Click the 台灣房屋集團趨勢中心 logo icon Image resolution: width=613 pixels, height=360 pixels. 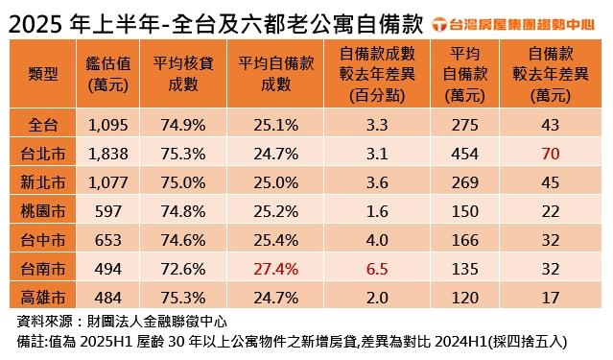click(439, 24)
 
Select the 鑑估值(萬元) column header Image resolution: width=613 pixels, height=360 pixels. click(107, 74)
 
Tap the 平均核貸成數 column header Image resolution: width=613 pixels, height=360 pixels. click(183, 74)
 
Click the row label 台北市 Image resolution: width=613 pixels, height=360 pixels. click(42, 154)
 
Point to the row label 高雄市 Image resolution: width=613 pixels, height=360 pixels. click(42, 298)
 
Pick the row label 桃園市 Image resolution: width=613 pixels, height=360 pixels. click(42, 211)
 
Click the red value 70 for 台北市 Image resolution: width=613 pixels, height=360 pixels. click(551, 154)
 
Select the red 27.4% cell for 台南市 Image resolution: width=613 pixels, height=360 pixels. click(276, 269)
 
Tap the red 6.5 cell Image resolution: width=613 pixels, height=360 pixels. click(377, 269)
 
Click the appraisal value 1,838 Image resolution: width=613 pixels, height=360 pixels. click(107, 154)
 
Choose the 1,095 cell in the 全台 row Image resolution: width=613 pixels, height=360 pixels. click(107, 125)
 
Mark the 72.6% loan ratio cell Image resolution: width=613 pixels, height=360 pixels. click(183, 269)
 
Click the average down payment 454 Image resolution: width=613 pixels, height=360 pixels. click(465, 154)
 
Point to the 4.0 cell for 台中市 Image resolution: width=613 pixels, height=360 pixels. click(377, 240)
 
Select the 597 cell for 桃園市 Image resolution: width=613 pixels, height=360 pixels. click(107, 211)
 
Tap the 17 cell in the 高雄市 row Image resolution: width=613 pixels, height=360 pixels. click(551, 298)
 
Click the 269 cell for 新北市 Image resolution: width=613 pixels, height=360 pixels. click(465, 182)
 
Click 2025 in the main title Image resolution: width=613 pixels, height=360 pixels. click(35, 25)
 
